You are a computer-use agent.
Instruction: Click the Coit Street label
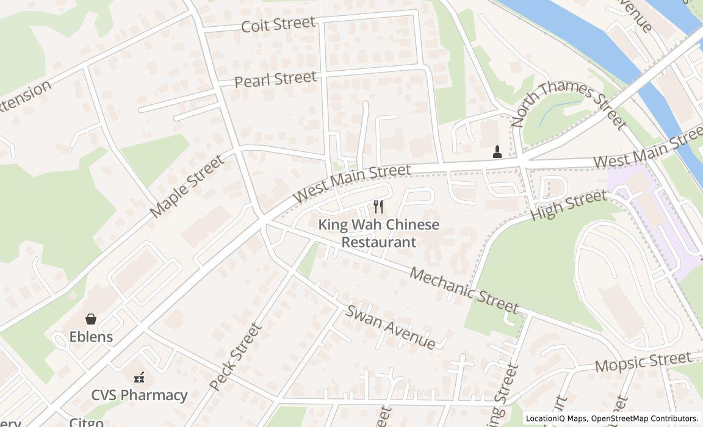click(x=278, y=24)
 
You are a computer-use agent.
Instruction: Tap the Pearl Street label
click(x=276, y=79)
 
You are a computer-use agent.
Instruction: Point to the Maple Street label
click(x=187, y=186)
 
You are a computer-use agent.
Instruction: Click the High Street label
click(x=569, y=205)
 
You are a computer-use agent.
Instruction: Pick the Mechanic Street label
click(x=464, y=290)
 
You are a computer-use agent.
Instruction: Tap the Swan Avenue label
click(x=391, y=326)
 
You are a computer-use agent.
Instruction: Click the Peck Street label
click(x=236, y=357)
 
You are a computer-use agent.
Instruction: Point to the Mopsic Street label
click(x=643, y=362)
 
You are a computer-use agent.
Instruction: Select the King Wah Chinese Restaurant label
click(x=378, y=233)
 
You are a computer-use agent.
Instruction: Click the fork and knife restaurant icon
click(x=378, y=207)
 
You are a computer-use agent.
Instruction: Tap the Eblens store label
click(x=91, y=337)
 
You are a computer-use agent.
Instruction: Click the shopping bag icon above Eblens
click(x=91, y=318)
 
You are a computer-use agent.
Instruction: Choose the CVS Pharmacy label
click(x=139, y=395)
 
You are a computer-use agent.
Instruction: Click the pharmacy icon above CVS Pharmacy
click(x=140, y=378)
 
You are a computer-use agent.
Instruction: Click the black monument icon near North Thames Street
click(x=497, y=152)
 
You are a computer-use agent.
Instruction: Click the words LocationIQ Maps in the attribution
click(x=556, y=418)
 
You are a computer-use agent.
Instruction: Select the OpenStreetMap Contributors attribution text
click(x=644, y=418)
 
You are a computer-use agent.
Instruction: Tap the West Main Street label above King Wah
click(x=351, y=183)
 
